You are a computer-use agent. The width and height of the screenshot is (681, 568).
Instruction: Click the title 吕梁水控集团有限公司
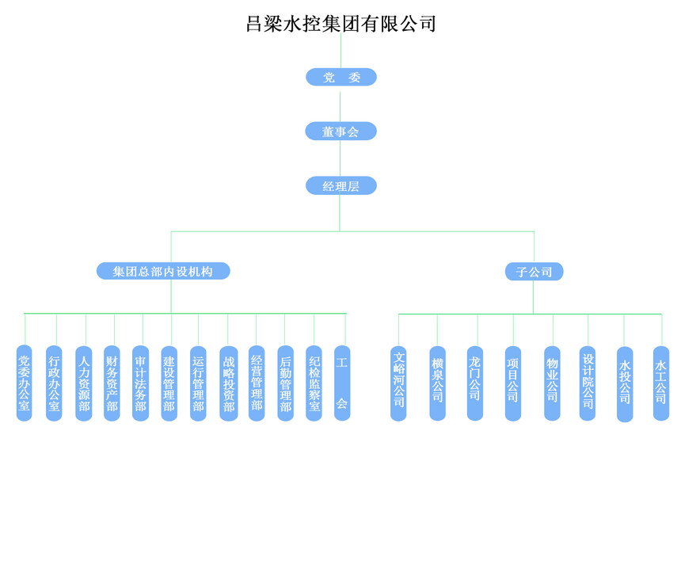pos(341,24)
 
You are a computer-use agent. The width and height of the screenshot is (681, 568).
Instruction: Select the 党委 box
pos(341,77)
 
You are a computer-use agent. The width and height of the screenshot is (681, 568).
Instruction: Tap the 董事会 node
pos(341,132)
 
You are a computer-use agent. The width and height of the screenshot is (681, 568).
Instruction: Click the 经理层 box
pos(341,186)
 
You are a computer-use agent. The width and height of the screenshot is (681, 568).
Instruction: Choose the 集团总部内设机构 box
pos(163,272)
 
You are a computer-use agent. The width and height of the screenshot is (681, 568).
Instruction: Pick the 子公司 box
pos(535,273)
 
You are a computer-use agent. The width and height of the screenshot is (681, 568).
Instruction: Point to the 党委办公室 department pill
pos(25,383)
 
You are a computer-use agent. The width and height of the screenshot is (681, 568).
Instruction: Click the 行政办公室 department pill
pos(54,383)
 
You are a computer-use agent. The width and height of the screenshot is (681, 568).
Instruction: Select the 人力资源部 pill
pos(84,383)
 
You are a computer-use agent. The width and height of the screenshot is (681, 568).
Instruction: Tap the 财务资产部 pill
pos(112,383)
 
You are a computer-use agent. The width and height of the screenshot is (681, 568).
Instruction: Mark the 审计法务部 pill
pos(140,383)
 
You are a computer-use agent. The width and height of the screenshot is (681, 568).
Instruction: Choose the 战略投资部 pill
pos(228,383)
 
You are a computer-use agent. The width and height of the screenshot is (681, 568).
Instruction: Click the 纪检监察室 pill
pos(314,383)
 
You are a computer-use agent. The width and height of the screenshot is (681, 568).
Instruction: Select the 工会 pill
pos(342,383)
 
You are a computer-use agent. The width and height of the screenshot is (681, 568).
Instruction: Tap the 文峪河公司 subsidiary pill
pos(398,383)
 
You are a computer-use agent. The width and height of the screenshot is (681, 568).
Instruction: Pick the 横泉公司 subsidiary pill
pos(437,383)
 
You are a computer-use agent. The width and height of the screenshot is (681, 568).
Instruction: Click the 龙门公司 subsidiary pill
pos(475,383)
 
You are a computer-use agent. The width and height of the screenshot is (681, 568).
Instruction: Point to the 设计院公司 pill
pos(588,383)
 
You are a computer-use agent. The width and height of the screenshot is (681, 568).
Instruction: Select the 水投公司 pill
pos(625,384)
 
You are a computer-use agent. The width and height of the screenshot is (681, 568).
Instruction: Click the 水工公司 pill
pos(661,383)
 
